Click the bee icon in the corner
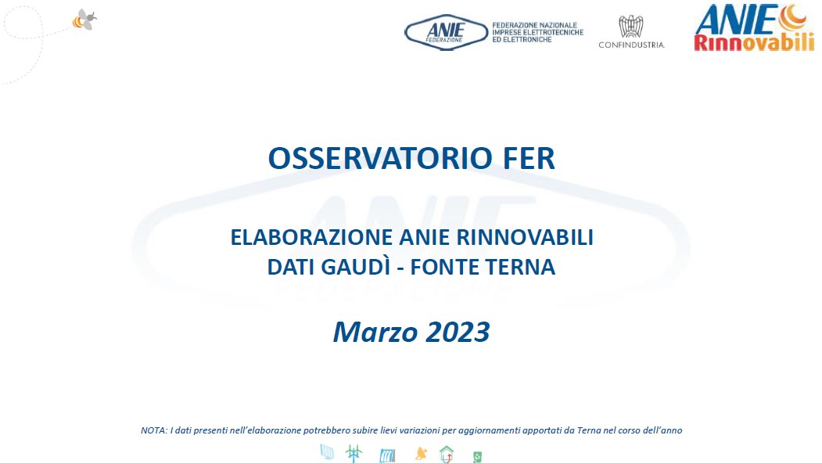pos(84,20)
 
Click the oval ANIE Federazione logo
pos(446,32)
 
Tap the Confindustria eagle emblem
pos(631,27)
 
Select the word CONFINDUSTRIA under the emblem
pos(632,45)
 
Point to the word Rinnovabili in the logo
pos(755,42)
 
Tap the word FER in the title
pos(529,158)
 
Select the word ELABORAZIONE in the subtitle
pos(311,238)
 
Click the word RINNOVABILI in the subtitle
pos(525,238)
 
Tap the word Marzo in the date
pos(375,332)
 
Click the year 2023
pos(458,332)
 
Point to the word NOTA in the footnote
pos(153,430)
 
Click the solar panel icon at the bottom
pos(327,452)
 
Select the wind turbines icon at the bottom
pos(354,454)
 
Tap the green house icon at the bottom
pos(447,454)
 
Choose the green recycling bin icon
pos(477,457)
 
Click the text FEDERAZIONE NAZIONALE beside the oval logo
pos(534,25)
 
